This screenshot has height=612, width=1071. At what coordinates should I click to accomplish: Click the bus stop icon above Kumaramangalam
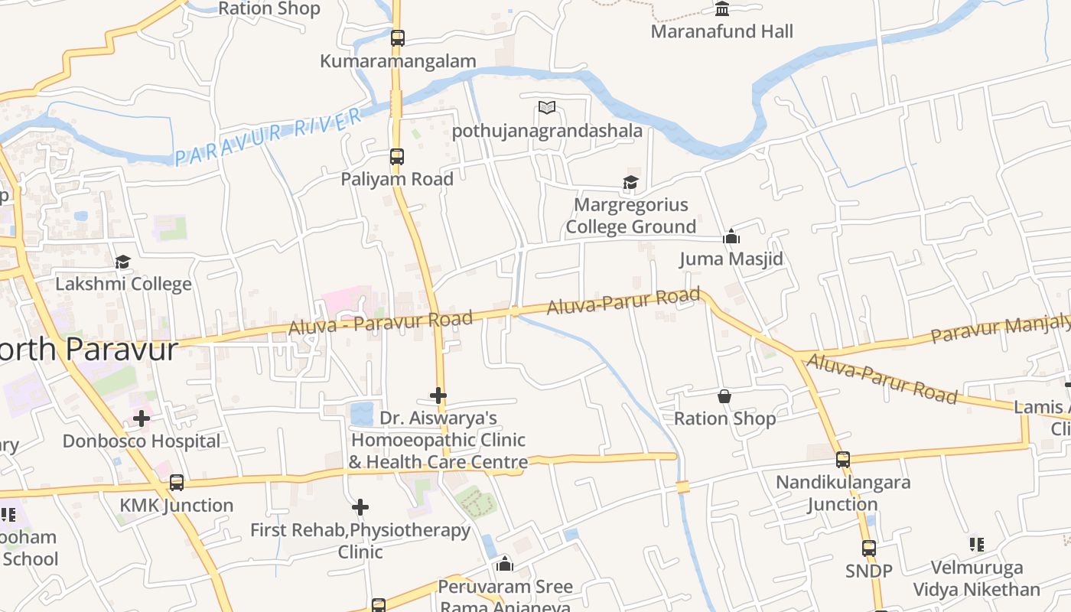(x=397, y=37)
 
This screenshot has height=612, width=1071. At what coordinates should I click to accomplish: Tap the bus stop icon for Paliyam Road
(x=396, y=157)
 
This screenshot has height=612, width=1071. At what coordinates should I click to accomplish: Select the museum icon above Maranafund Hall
(x=722, y=8)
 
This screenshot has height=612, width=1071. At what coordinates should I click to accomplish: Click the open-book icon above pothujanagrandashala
(x=547, y=107)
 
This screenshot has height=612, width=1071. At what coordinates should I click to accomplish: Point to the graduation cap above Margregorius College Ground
(x=630, y=182)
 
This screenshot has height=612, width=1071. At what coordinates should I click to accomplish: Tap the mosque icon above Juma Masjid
(x=731, y=236)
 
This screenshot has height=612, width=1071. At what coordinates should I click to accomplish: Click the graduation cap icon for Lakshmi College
(x=122, y=262)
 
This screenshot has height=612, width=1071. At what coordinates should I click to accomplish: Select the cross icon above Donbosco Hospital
(x=142, y=418)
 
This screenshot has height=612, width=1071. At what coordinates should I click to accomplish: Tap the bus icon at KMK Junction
(x=177, y=483)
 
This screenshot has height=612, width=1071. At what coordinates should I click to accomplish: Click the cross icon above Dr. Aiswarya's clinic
(x=438, y=396)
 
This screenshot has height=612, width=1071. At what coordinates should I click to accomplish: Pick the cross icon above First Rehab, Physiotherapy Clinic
(x=360, y=506)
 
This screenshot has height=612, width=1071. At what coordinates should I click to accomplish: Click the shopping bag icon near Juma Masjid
(x=724, y=396)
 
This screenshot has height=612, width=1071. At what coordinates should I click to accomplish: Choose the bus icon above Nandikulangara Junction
(x=843, y=460)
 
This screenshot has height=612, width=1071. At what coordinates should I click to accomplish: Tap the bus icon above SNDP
(x=869, y=549)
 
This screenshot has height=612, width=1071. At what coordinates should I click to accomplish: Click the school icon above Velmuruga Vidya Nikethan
(x=976, y=545)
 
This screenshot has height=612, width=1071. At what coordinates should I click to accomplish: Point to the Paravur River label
(x=269, y=137)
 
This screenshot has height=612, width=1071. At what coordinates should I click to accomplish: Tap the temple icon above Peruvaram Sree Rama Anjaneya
(x=505, y=565)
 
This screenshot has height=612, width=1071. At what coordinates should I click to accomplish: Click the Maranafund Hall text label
(x=721, y=32)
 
